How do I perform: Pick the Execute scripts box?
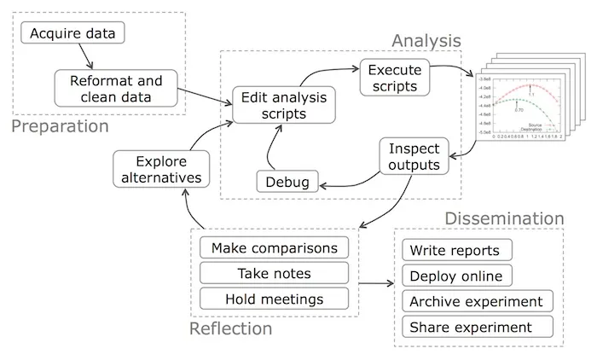click(393, 78)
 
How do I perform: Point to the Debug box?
click(288, 181)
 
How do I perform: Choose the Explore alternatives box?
click(161, 168)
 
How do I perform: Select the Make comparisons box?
click(274, 248)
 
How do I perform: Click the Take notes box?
click(274, 273)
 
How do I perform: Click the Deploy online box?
click(461, 276)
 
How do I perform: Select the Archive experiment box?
click(476, 302)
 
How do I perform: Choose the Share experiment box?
click(471, 327)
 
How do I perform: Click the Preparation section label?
click(60, 127)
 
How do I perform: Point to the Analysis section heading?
click(426, 40)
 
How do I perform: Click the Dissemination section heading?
click(504, 219)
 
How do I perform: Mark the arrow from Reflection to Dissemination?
click(374, 284)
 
